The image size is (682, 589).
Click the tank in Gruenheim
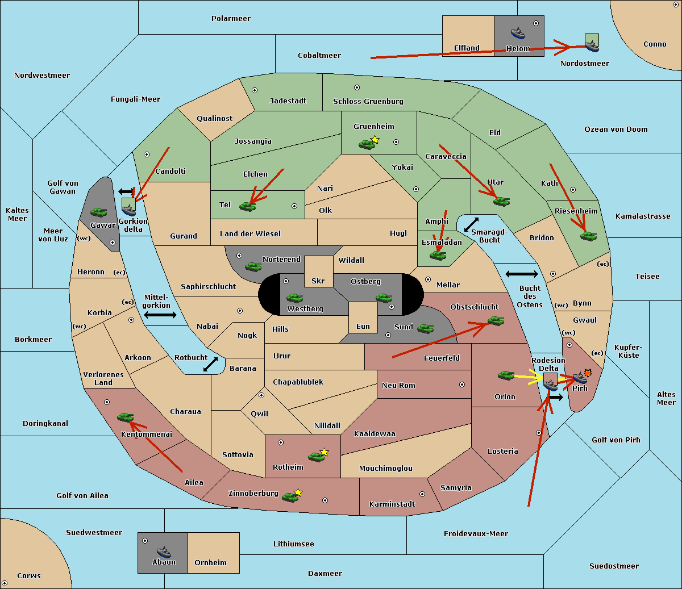coord(367,144)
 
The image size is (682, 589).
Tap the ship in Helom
coord(518,32)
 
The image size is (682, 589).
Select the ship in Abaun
coord(164,552)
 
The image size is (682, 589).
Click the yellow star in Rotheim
coord(325,452)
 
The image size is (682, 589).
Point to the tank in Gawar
coord(99,212)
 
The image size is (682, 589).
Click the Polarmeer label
coord(231,19)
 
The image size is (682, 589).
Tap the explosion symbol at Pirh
coord(588,373)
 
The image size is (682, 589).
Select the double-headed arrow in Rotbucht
coord(210,364)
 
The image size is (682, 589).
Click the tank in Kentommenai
coord(126,417)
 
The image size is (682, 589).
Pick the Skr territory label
coord(318,281)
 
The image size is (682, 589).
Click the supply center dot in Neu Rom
coord(462,385)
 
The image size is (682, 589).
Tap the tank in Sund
coord(425,328)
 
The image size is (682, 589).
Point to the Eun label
coord(363,326)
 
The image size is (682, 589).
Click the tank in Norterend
coord(253,266)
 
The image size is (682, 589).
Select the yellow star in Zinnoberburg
coord(298,492)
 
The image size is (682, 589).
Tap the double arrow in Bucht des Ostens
coord(522,274)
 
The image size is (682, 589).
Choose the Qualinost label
coord(214,118)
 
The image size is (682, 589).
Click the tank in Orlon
coord(506,375)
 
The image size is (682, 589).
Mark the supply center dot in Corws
coord(5,583)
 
